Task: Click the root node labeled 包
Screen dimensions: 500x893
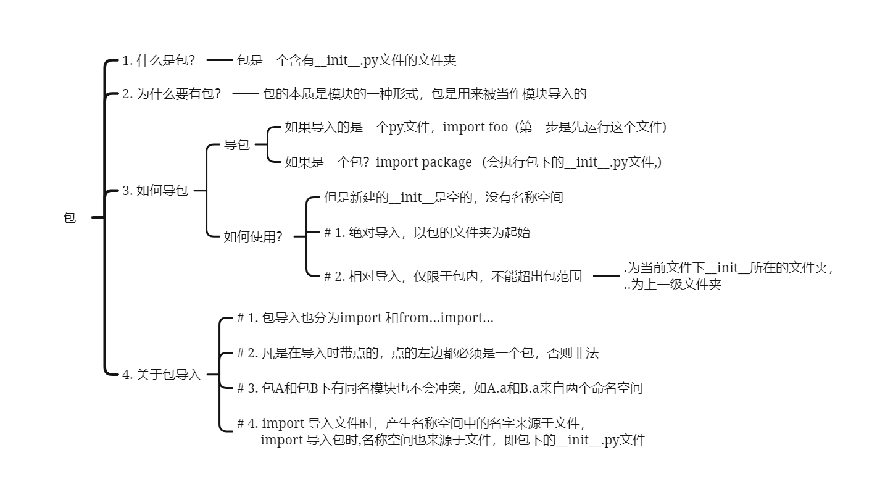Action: pos(69,217)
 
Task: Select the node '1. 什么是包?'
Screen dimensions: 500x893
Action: pos(159,60)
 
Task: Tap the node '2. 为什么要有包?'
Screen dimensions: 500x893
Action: pos(171,94)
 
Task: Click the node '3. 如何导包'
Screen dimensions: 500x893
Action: pos(155,191)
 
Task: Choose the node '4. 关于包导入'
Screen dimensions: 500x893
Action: pos(162,374)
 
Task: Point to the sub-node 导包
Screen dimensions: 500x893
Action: pos(236,145)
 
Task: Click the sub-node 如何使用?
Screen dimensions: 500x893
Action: pos(253,236)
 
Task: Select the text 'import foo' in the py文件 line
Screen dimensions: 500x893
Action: pos(475,127)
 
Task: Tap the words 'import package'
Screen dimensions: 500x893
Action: pos(423,162)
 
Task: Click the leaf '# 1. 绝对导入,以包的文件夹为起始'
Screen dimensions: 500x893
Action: pos(427,233)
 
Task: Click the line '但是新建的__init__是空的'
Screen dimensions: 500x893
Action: pos(443,198)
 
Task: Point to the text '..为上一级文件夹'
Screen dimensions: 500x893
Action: pos(673,285)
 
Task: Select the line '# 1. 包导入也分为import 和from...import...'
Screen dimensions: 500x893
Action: pos(365,318)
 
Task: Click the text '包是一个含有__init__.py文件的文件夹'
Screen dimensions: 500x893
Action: pos(346,60)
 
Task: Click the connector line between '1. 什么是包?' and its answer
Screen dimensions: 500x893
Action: pos(218,60)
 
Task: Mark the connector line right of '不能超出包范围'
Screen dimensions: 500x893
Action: pos(605,276)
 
